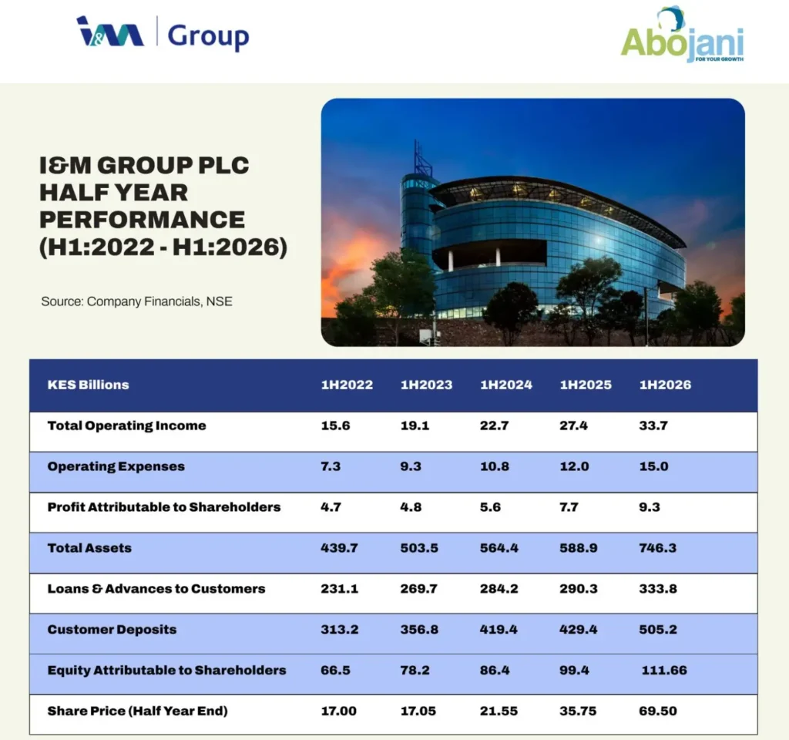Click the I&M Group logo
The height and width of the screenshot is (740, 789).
pyautogui.click(x=163, y=33)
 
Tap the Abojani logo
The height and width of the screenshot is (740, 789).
pyautogui.click(x=683, y=36)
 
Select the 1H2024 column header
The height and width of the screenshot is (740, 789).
pyautogui.click(x=505, y=385)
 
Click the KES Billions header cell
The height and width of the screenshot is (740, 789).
pyautogui.click(x=88, y=385)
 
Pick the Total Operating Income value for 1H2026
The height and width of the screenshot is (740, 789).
pyautogui.click(x=653, y=425)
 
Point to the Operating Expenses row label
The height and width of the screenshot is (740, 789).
pyautogui.click(x=116, y=466)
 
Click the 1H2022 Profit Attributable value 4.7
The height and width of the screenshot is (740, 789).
pyautogui.click(x=331, y=507)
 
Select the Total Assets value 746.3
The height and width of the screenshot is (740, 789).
pyautogui.click(x=658, y=548)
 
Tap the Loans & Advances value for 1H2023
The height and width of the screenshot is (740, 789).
pyautogui.click(x=418, y=588)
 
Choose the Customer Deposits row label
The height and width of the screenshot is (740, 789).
pyautogui.click(x=112, y=630)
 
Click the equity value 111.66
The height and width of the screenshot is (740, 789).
pyautogui.click(x=663, y=671)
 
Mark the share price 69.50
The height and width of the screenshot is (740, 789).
pyautogui.click(x=658, y=711)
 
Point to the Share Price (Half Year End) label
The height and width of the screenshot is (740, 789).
pyautogui.click(x=137, y=711)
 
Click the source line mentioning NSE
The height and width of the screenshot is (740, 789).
pyautogui.click(x=136, y=301)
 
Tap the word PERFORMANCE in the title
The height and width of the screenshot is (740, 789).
pyautogui.click(x=142, y=220)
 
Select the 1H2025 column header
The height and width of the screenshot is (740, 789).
pyautogui.click(x=586, y=385)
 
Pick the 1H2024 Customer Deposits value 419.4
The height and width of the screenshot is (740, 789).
pyautogui.click(x=499, y=630)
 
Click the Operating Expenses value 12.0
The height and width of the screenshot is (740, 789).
pyautogui.click(x=574, y=466)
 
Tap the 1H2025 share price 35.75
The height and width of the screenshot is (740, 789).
pyautogui.click(x=578, y=711)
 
